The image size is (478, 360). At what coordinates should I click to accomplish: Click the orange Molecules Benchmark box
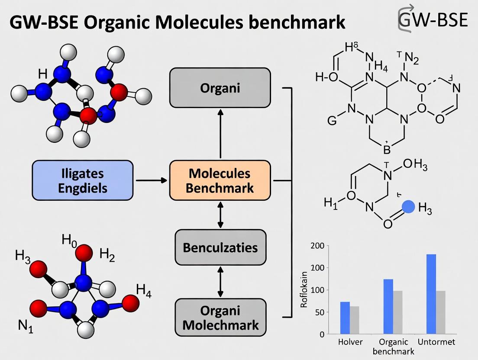click(220, 180)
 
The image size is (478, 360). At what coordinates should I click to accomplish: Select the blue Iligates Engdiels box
click(83, 180)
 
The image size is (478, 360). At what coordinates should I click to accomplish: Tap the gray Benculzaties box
click(220, 247)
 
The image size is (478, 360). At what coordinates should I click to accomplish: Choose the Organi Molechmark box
click(220, 318)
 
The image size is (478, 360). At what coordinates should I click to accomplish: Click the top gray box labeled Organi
click(220, 88)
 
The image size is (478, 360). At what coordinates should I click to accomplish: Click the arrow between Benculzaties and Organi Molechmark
click(220, 282)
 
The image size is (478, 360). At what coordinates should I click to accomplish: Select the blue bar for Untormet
click(431, 294)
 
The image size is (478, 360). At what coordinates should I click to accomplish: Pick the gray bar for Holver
click(355, 320)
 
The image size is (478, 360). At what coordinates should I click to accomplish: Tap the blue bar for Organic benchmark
click(388, 306)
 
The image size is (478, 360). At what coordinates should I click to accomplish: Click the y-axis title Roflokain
click(304, 289)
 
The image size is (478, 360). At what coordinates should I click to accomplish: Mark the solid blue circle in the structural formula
click(408, 207)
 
